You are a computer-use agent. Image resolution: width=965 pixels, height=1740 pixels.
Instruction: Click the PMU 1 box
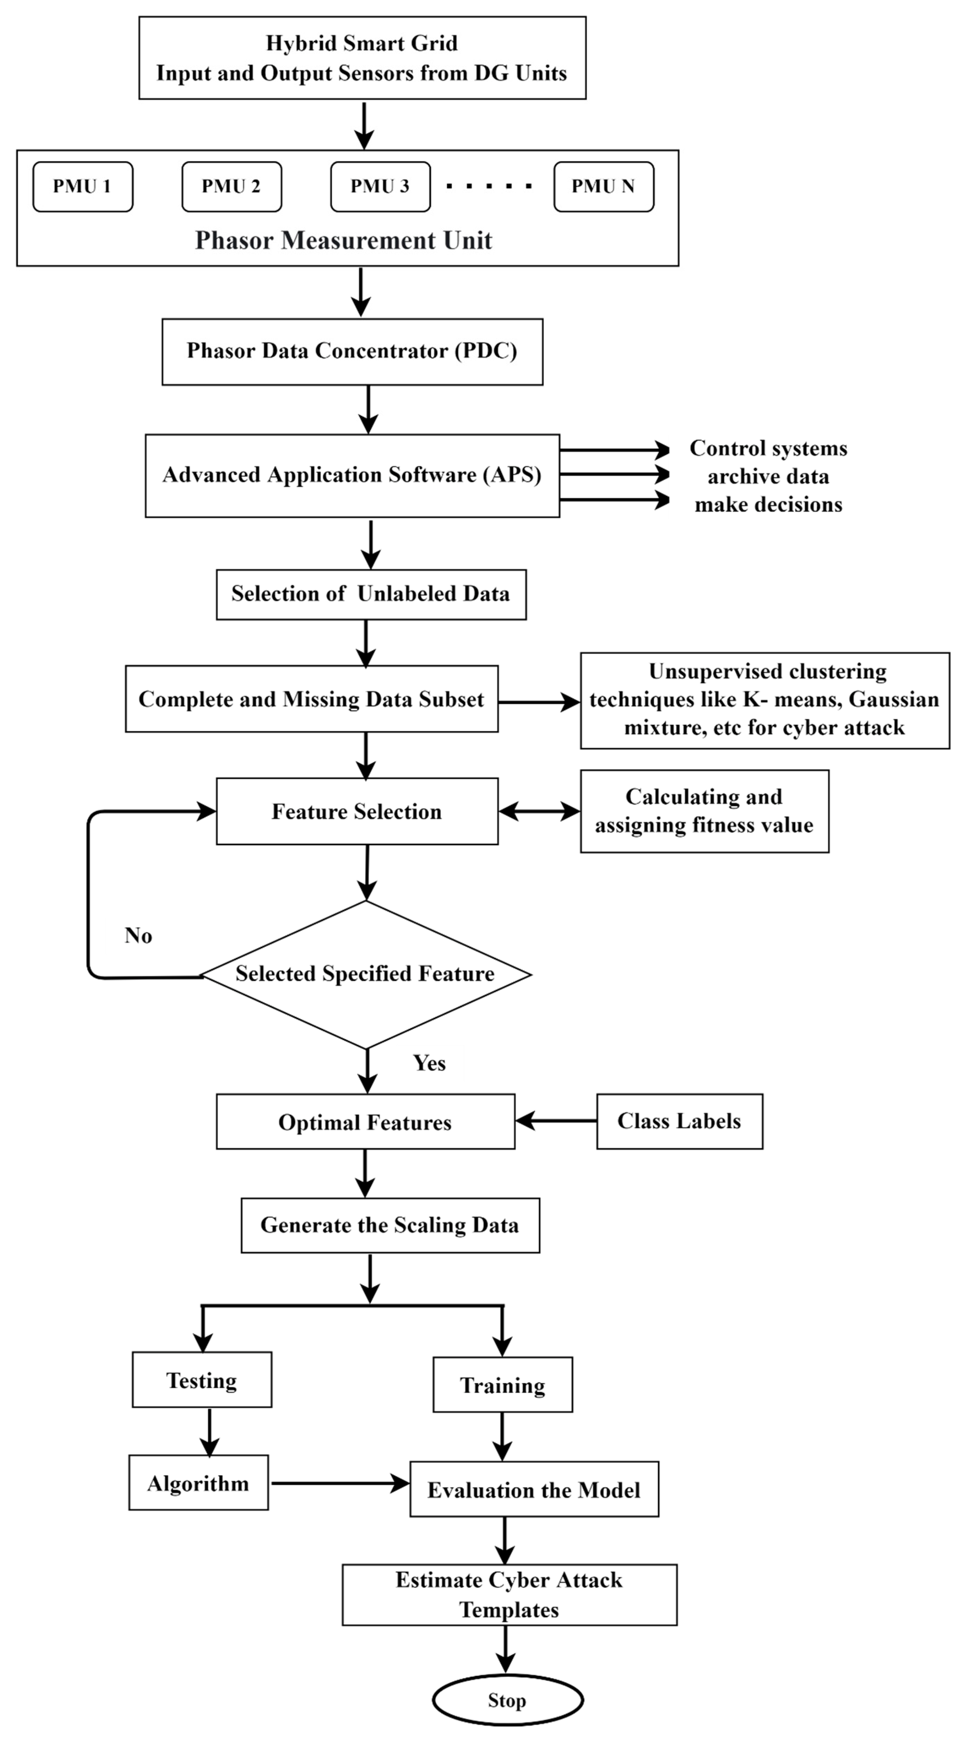tap(83, 186)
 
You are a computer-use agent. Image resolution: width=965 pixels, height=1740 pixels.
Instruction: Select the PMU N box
tap(603, 186)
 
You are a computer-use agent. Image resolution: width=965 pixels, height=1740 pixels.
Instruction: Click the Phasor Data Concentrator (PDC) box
tap(352, 351)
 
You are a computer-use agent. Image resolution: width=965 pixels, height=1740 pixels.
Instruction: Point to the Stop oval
tap(507, 1700)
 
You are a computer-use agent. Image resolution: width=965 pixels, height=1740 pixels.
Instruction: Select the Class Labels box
tap(679, 1121)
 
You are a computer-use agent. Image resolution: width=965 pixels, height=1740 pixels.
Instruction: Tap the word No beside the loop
tap(139, 935)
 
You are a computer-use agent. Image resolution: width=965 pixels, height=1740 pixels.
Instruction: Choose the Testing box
tap(202, 1380)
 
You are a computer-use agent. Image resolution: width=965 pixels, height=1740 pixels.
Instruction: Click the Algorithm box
tap(199, 1483)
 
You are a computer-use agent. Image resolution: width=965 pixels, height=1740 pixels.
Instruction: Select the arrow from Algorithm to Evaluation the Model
tap(339, 1483)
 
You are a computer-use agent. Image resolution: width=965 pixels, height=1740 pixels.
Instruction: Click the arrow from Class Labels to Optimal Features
tap(555, 1121)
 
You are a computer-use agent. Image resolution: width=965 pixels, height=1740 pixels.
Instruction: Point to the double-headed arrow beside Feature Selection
tap(539, 811)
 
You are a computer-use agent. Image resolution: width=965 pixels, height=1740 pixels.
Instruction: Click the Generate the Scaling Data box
tap(390, 1225)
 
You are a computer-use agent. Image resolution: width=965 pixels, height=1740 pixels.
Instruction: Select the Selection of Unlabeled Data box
tap(371, 594)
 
